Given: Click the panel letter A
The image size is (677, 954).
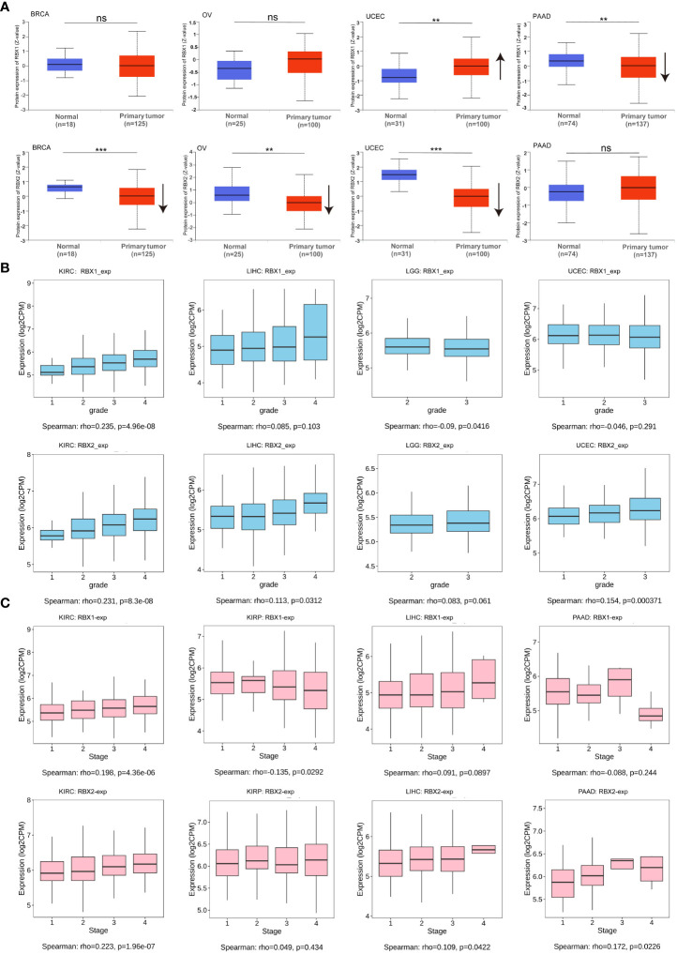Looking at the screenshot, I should click(8, 7).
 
